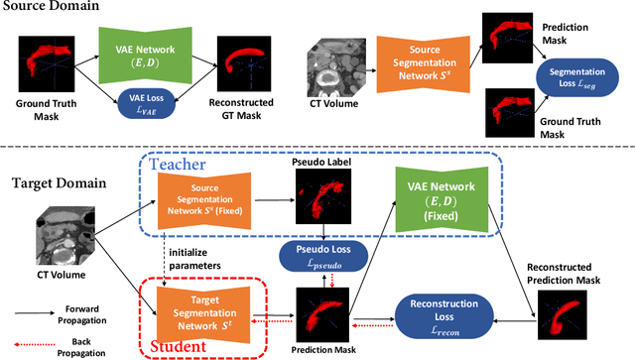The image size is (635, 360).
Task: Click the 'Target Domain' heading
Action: coord(58,183)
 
